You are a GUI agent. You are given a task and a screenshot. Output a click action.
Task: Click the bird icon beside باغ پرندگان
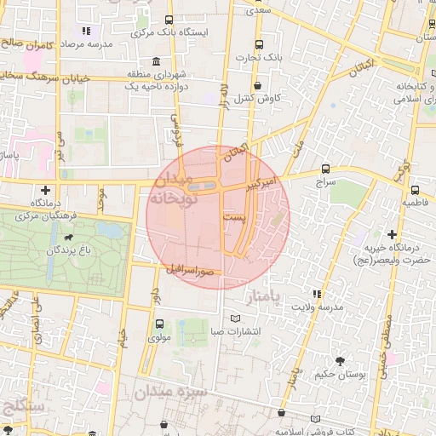tap(69, 237)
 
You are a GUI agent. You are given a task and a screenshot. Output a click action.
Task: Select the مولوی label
tap(158, 337)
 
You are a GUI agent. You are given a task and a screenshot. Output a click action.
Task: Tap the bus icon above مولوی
tap(158, 324)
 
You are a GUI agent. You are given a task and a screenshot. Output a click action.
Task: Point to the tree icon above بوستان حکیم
tap(341, 361)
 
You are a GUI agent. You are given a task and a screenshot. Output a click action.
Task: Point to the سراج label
tap(326, 182)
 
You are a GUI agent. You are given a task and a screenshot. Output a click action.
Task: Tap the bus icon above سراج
tap(326, 169)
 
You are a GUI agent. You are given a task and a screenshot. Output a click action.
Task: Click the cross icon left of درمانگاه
tap(45, 189)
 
